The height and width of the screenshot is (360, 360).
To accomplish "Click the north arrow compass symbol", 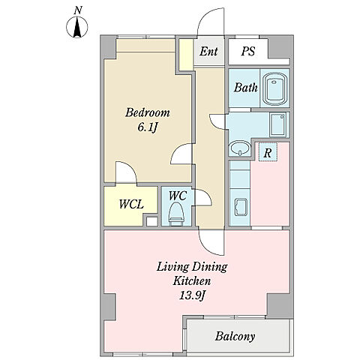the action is click(77, 27).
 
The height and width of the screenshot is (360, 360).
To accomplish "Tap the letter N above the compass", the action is click(78, 10).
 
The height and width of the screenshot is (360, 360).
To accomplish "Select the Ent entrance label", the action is click(208, 52).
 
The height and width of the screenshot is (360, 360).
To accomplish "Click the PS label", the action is click(248, 51).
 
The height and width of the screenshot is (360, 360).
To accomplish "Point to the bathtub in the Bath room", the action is click(274, 88).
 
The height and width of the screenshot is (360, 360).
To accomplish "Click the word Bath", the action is click(246, 88).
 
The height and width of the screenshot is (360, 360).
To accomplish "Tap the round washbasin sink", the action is click(240, 148).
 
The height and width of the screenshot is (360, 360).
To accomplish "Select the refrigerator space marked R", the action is click(268, 152).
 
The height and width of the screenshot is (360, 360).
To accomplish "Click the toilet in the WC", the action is click(176, 214).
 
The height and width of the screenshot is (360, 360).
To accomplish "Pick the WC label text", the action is click(178, 196).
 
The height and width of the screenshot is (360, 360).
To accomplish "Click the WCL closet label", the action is click(131, 204).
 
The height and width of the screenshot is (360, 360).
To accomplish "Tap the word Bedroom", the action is click(148, 112).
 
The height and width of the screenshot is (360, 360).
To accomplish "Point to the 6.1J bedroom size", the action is click(148, 127).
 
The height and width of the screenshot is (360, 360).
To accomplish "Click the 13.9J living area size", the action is click(193, 296).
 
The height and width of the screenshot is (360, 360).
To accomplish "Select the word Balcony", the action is click(235, 336).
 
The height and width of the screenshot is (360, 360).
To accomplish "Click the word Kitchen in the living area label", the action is click(192, 281).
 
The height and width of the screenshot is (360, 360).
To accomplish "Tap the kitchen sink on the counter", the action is click(241, 207).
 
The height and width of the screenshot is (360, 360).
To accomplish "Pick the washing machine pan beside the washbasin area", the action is click(278, 125).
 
